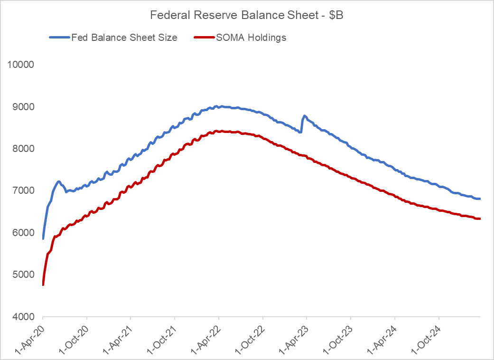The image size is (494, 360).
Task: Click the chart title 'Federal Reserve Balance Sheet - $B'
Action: point(246,15)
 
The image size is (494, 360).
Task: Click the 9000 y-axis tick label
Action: point(23,107)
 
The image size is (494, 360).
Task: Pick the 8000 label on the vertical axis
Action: point(23,149)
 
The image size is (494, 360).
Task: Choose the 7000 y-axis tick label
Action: point(23,190)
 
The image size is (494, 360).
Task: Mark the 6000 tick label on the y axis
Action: point(23,233)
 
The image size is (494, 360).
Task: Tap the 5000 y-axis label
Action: point(23,275)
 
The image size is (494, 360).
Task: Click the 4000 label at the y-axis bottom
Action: point(23,317)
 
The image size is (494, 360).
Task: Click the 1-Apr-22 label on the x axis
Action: point(205,338)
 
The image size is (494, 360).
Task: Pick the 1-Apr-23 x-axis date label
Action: point(292,338)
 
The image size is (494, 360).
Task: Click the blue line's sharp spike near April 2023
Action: point(304,116)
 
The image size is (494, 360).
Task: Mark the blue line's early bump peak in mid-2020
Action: point(58,181)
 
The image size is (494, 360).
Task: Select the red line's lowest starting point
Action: point(43,284)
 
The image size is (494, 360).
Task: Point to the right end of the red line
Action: point(479,218)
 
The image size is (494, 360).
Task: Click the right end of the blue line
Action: point(479,199)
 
